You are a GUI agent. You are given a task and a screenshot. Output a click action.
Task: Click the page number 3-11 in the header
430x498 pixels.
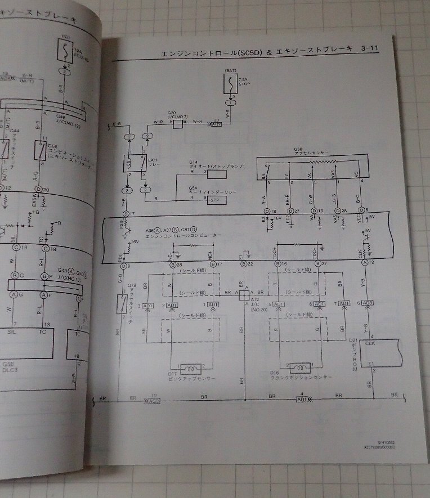366,50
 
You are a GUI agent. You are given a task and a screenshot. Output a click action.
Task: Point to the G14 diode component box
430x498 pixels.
217,173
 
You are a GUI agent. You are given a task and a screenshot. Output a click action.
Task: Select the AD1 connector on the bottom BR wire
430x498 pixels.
302,399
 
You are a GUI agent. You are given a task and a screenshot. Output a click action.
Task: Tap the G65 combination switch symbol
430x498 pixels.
41,149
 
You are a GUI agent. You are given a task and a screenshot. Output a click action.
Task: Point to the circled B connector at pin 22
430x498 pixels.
243,264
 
